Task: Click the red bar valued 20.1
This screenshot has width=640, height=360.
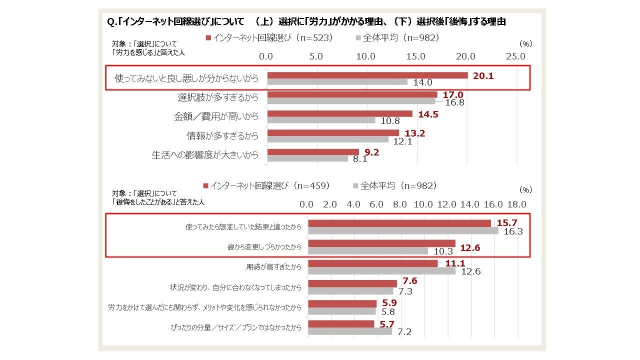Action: point(367,75)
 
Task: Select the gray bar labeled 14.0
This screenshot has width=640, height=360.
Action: point(337,82)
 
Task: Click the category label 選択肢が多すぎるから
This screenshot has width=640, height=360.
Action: point(218,97)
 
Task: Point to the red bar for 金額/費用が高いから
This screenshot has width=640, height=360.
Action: point(340,113)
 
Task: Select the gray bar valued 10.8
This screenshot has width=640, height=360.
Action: point(321,120)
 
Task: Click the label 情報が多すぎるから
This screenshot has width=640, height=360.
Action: point(222,135)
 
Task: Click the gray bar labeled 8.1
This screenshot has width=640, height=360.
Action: point(307,158)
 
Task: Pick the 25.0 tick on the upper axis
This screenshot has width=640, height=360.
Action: point(515,56)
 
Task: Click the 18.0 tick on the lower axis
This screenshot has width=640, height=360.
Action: point(516,204)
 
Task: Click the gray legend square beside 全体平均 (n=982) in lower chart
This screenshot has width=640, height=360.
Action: point(355,186)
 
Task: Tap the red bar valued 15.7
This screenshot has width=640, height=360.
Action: point(399,223)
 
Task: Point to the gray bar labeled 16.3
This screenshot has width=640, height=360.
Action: point(403,230)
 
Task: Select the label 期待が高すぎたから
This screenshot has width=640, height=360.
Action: point(274,267)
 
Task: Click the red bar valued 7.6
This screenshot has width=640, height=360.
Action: point(352,283)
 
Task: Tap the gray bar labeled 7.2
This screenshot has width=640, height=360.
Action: point(350,331)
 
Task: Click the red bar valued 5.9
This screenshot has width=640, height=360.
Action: point(342,303)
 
